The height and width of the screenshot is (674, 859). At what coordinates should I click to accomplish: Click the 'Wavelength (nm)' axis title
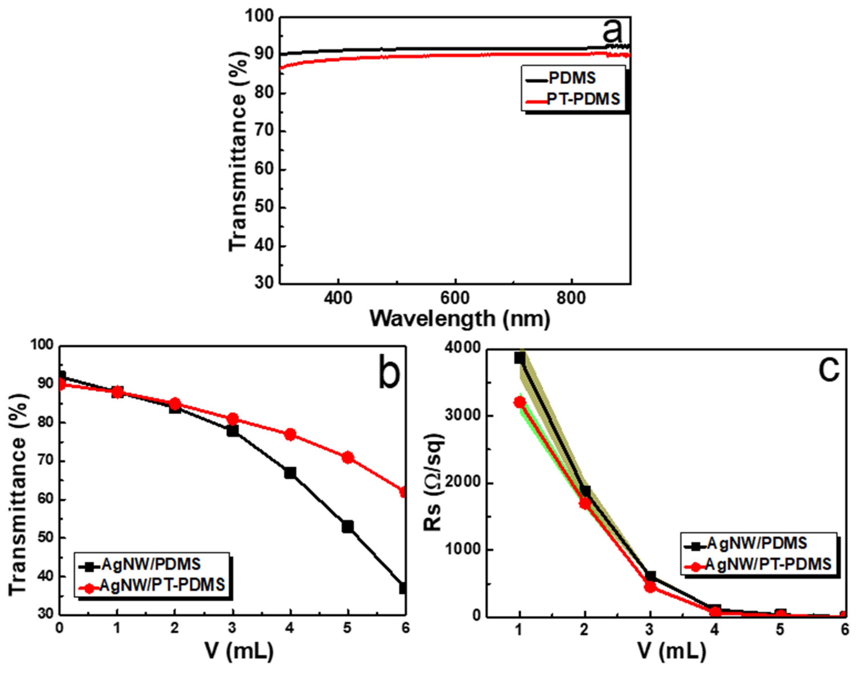coord(460,319)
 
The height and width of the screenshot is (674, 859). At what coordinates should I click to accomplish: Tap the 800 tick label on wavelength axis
coord(572,298)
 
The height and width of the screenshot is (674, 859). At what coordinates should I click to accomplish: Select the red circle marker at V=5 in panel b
coord(348,458)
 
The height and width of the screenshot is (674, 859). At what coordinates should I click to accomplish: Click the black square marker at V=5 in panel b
coord(348,527)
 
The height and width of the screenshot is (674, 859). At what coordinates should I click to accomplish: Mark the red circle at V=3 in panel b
coord(233,419)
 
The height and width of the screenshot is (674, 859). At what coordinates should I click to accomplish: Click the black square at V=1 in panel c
coord(520,358)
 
